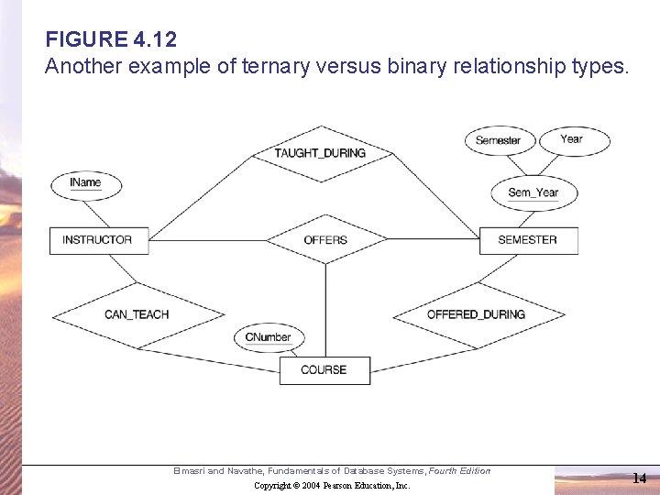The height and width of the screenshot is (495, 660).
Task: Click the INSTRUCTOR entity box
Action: [96, 240]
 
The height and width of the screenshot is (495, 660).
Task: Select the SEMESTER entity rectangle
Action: [527, 240]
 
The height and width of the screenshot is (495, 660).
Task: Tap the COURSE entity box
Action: [324, 370]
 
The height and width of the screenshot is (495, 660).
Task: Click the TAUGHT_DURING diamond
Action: [320, 153]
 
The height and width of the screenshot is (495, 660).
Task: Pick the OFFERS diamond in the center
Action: [325, 240]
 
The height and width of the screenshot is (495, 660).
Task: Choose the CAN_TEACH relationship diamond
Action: [137, 314]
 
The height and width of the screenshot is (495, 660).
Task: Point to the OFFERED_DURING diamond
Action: [477, 314]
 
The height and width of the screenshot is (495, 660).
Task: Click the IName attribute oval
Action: [85, 183]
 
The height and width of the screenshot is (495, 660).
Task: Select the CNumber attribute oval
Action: [268, 337]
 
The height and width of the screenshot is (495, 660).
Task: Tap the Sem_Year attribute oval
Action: [533, 192]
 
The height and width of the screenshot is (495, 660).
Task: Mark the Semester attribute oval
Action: [498, 140]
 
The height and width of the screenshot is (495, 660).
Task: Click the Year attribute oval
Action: [572, 139]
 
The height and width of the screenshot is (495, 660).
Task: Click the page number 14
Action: [639, 478]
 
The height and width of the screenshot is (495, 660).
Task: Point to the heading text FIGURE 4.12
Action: [111, 40]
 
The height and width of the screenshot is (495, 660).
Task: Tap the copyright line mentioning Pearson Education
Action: [332, 485]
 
